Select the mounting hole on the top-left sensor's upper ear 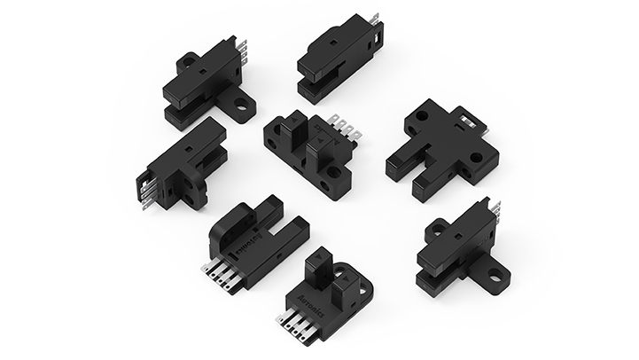[x=187, y=61]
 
